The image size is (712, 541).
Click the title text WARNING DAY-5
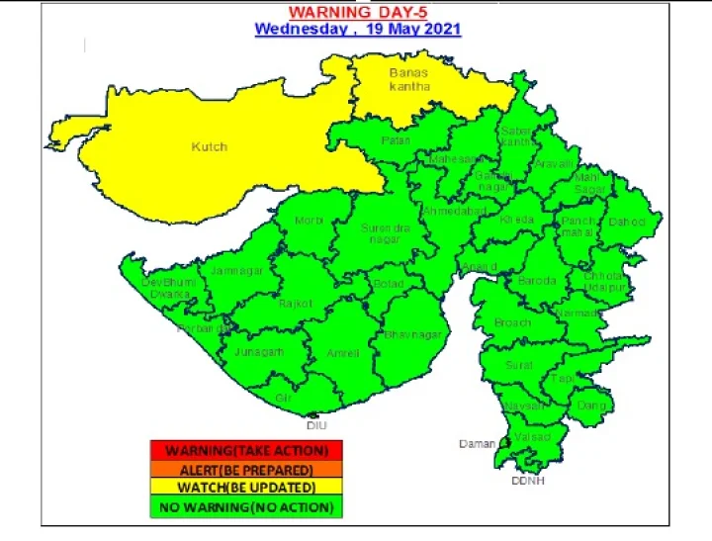tap(357, 12)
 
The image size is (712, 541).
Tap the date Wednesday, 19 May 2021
tap(357, 29)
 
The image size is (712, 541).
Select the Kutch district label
tap(209, 146)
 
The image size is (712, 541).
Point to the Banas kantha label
tap(409, 80)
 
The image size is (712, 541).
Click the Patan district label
tap(396, 140)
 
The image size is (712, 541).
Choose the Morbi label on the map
tap(309, 220)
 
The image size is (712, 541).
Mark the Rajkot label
tap(295, 303)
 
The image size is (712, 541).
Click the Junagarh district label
tap(259, 351)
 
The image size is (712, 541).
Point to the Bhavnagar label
tap(412, 335)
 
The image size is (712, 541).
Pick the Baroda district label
tap(537, 281)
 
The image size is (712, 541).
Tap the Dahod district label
tap(626, 222)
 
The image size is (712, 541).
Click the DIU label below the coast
tap(316, 424)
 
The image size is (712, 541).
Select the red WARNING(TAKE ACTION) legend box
tap(245, 451)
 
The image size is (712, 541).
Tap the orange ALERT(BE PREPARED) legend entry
tap(245, 470)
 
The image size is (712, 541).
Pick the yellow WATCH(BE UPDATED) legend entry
tap(245, 488)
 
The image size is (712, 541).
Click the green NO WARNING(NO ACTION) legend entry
tap(245, 506)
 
